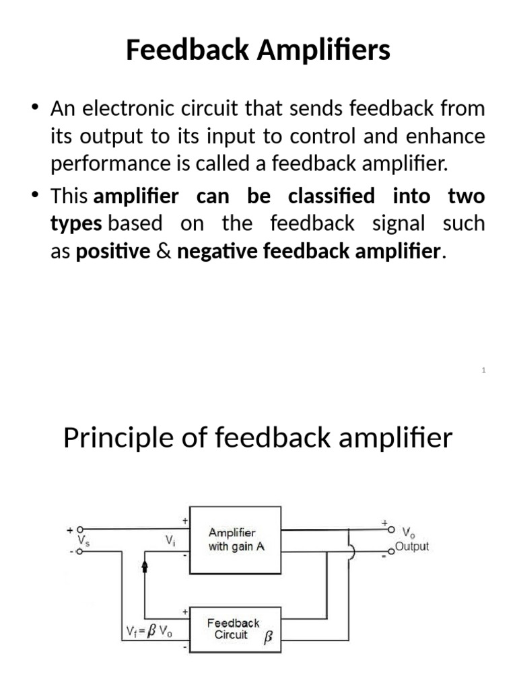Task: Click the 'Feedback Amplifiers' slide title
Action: [258, 51]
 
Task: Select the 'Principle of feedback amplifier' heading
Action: [258, 438]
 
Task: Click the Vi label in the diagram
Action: [170, 540]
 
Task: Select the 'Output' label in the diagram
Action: [412, 546]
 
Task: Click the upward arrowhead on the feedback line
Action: [145, 568]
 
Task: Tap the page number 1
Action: [484, 369]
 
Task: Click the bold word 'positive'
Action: [113, 252]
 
